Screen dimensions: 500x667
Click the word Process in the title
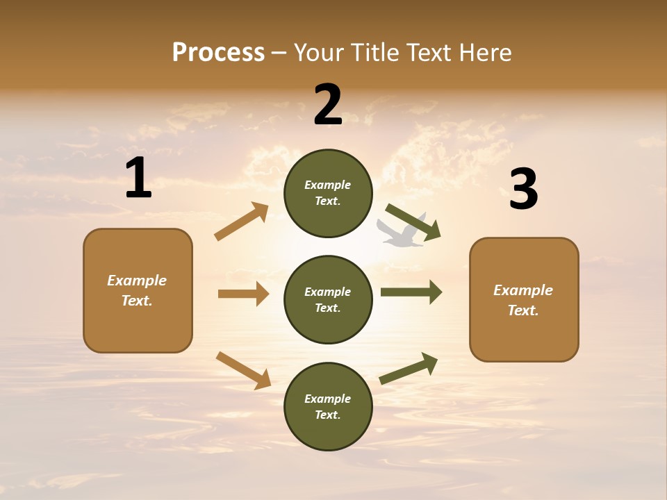pos(218,52)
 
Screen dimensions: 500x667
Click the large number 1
pos(138,178)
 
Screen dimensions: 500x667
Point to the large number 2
pos(328,105)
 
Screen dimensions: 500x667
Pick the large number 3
pos(523,189)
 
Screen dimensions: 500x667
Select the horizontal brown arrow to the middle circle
pos(243,294)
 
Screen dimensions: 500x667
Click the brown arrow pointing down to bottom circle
pos(243,370)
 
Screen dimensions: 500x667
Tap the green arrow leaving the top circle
pos(413,222)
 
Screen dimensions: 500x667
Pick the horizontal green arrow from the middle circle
pos(411,292)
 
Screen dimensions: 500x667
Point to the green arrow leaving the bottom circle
pos(409,368)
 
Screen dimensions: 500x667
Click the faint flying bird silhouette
pos(402,232)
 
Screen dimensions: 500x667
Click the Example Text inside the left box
pos(137,290)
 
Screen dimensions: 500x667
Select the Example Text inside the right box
pos(523,300)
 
